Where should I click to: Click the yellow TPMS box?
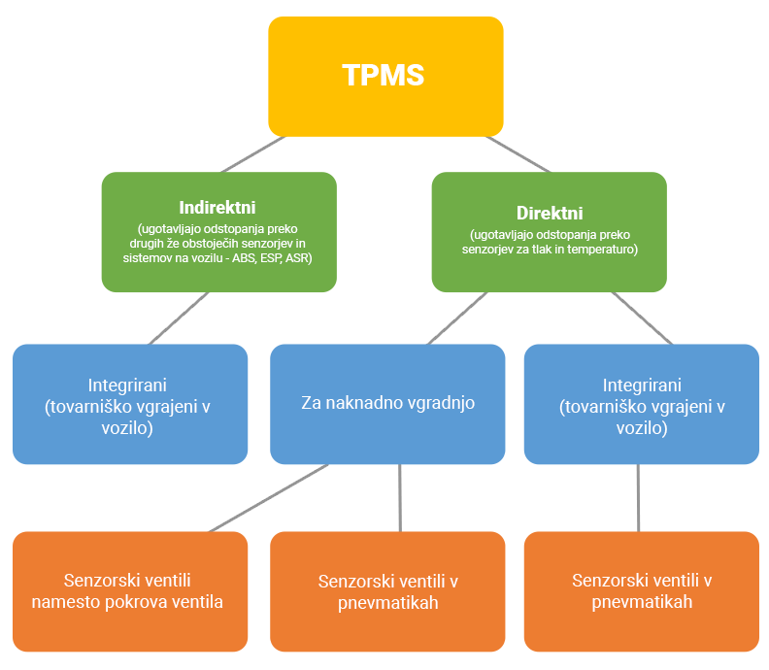point(385,76)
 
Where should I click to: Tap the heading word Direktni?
point(549,213)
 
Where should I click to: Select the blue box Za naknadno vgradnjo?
point(387,403)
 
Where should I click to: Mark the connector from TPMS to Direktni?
point(517,153)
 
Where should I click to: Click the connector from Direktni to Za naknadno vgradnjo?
point(456,318)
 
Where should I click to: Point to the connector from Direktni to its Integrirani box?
point(641,318)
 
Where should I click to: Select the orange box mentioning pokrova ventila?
point(129,590)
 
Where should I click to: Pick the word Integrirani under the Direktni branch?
point(642,385)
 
